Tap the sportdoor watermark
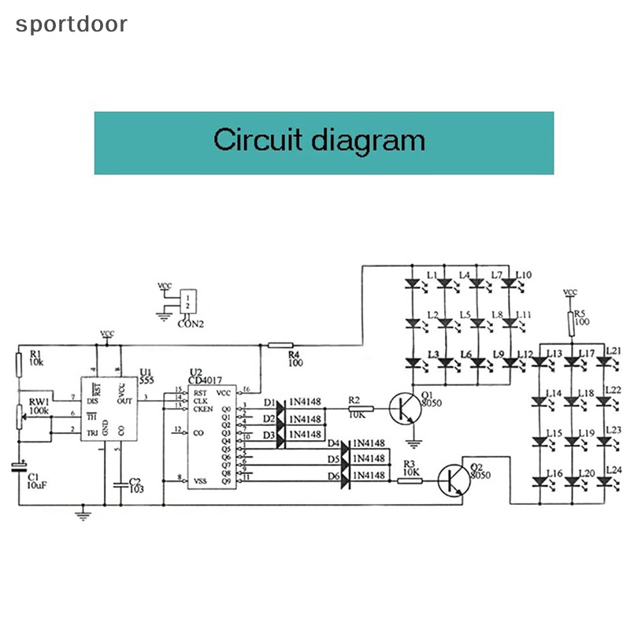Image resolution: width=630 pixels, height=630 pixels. coord(72,24)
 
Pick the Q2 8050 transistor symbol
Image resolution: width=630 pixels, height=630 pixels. coord(455,480)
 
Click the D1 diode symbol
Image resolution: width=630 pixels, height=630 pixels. coord(280,404)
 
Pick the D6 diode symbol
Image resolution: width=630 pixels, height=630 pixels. coord(345,476)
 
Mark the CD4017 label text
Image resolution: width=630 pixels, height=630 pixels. coord(207,381)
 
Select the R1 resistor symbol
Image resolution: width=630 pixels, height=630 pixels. coord(18,364)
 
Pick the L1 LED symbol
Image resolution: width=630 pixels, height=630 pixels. coord(411,283)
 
